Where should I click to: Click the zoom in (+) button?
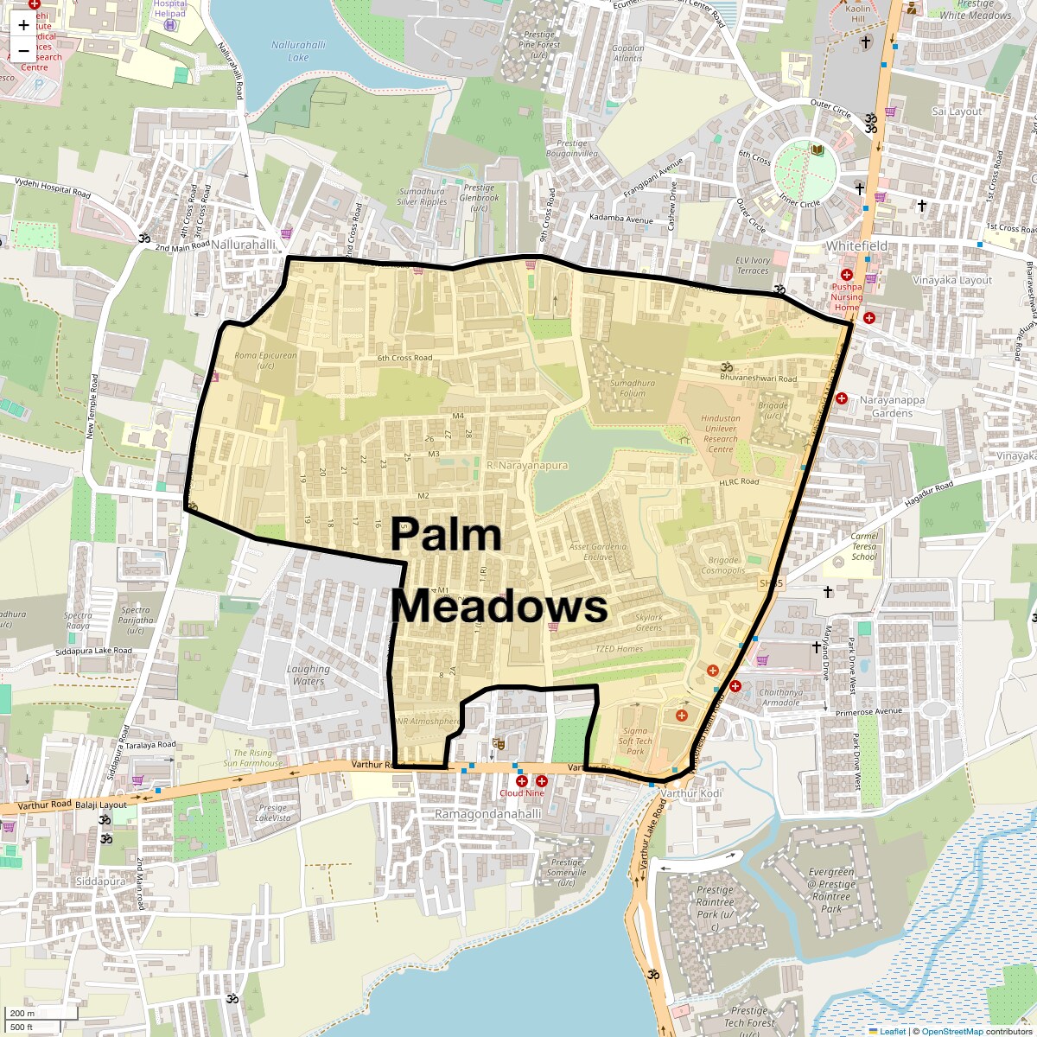tap(23, 25)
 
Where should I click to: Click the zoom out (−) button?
tap(23, 50)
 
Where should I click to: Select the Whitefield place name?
tap(856, 246)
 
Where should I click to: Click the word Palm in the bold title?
tap(446, 535)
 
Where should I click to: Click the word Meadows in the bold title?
tap(499, 607)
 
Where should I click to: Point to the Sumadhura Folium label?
tap(633, 388)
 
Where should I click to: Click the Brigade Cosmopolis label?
tap(722, 565)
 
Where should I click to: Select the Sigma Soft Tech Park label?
tap(635, 741)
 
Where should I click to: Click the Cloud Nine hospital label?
tap(522, 792)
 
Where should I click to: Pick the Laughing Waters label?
tap(309, 675)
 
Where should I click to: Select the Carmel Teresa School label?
tap(864, 546)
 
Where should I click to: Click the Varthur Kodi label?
tap(690, 793)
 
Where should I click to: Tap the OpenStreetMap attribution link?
tap(951, 1031)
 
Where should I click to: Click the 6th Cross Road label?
tap(404, 358)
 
